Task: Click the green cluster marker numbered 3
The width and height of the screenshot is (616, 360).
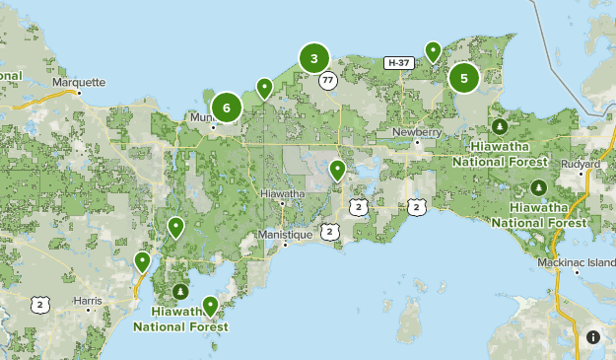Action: [313, 59]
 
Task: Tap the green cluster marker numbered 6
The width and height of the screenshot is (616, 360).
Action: [227, 108]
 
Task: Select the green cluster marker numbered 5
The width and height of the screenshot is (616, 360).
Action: [463, 77]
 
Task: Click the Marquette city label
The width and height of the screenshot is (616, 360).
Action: [78, 83]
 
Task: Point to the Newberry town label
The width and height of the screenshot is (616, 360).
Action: [415, 131]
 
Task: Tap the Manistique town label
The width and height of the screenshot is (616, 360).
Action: [284, 235]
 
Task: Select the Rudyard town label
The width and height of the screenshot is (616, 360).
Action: [581, 163]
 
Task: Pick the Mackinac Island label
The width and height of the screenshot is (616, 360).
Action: [578, 262]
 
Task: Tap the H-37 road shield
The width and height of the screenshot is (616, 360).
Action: [398, 63]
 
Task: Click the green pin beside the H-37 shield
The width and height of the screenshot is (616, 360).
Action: [433, 50]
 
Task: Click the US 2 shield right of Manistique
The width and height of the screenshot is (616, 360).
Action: [328, 231]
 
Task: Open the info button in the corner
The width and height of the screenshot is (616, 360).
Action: [592, 336]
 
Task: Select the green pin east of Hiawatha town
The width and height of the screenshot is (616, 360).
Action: [337, 171]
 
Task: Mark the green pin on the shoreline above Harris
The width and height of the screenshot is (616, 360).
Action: [143, 261]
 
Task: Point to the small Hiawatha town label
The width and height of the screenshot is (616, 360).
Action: [283, 194]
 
